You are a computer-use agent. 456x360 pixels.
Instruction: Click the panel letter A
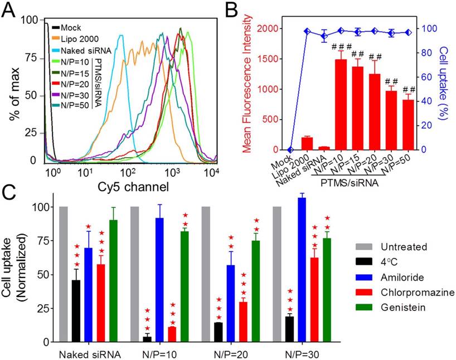[9, 10]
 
